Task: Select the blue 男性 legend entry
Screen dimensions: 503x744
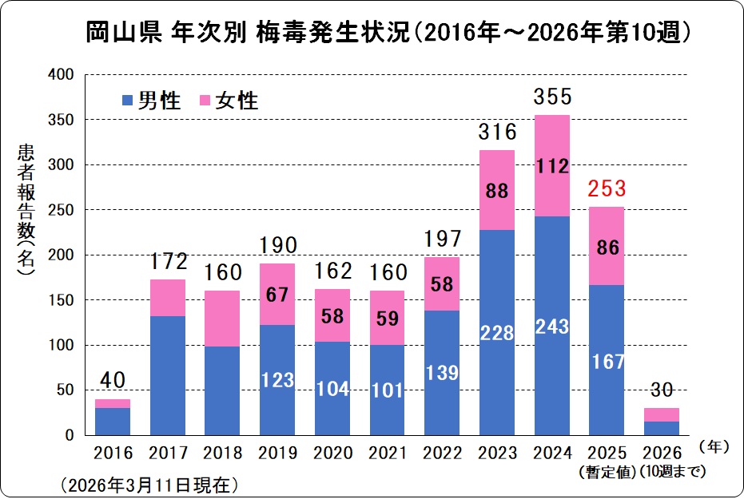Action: coord(151,101)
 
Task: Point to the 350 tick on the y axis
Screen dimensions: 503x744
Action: coord(61,120)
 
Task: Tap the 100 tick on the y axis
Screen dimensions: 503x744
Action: coord(61,346)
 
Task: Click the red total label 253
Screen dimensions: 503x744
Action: coord(607,189)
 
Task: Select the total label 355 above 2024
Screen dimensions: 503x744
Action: coord(552,97)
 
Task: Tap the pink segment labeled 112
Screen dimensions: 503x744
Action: coord(552,166)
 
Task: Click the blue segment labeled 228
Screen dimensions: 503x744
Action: coord(497,332)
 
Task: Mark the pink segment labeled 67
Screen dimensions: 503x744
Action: coord(277,294)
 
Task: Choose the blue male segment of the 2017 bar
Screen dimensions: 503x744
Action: coord(168,375)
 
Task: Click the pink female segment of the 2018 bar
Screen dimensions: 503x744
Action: coord(222,317)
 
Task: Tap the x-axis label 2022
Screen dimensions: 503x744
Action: coord(442,453)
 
